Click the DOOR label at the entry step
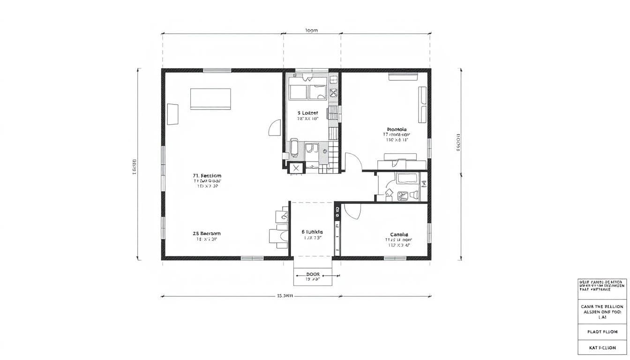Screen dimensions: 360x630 313,274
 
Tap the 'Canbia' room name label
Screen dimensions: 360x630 399,234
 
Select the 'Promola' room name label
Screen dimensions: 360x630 397,129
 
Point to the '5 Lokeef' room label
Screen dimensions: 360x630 307,113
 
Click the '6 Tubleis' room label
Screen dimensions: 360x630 312,232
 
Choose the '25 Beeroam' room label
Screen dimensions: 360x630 206,233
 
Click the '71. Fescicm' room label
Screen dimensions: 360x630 207,176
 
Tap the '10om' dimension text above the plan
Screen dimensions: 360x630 311,30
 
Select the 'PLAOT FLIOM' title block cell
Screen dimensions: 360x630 602,331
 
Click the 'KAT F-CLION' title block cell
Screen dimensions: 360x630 602,348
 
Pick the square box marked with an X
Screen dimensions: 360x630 296,168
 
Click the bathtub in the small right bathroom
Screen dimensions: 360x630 409,179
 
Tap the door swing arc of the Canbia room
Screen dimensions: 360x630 352,212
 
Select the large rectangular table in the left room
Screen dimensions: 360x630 210,99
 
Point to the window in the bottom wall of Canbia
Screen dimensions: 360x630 395,258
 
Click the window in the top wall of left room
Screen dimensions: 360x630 217,70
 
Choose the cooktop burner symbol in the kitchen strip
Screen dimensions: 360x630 334,92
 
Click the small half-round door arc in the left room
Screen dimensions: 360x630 274,128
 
